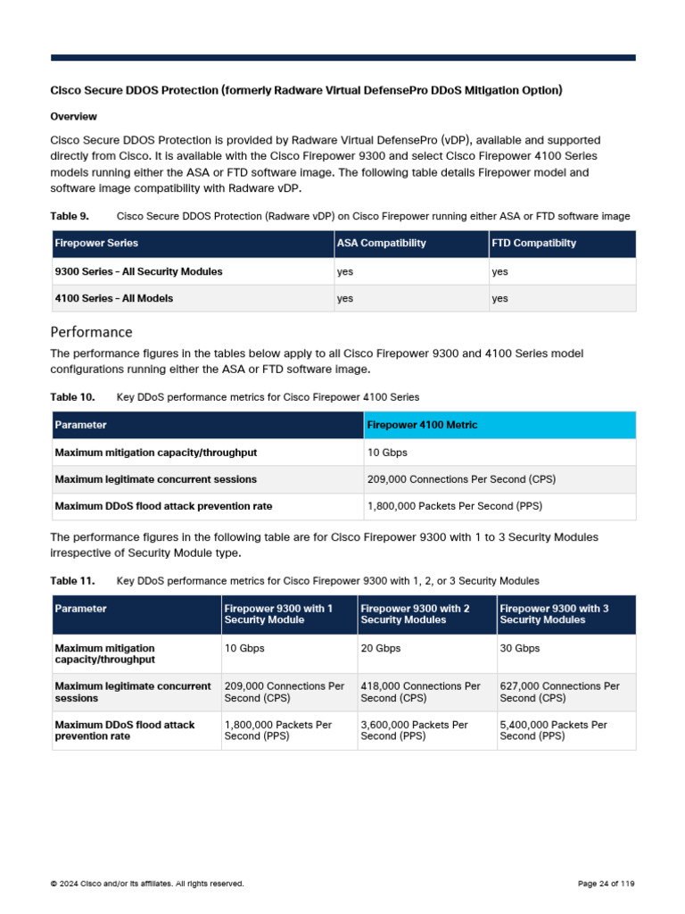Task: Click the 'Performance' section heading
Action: [x=91, y=332]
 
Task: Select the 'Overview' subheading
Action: [x=73, y=117]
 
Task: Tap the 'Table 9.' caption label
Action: [x=70, y=216]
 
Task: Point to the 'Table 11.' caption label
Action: [x=72, y=581]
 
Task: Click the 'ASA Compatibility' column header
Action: [x=381, y=243]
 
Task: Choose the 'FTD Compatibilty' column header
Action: [x=533, y=243]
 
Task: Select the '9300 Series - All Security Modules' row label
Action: [x=138, y=271]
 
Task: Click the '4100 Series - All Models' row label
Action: [x=114, y=298]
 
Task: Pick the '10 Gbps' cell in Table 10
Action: [x=387, y=453]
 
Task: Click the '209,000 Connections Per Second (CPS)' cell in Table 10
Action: [x=461, y=479]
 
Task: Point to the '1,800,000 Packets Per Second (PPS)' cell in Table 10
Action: [x=455, y=506]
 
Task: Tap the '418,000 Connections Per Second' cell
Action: [x=420, y=692]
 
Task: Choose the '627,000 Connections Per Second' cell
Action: [x=559, y=692]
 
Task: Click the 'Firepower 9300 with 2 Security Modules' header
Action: [x=415, y=614]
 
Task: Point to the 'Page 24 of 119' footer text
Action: [x=606, y=884]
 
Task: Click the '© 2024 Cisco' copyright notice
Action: [x=146, y=884]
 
